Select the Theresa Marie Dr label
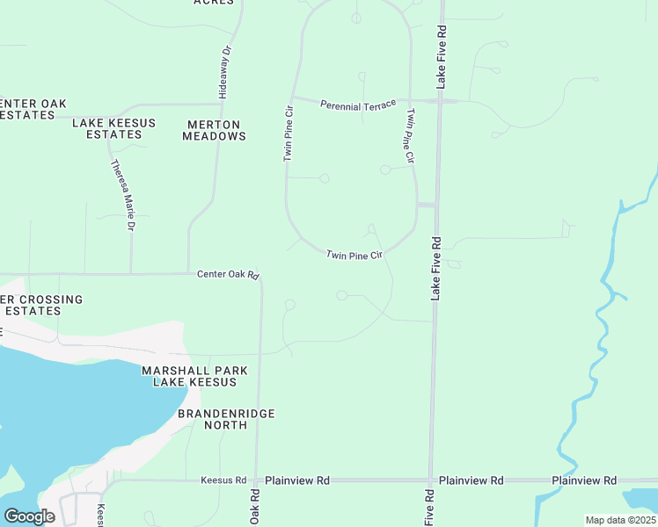point(122,195)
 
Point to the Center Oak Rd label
point(228,275)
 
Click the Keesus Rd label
point(223,480)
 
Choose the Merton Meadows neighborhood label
point(214,130)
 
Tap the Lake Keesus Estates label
point(107,128)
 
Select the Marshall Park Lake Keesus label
point(189,376)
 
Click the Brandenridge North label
point(226,419)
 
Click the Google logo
point(29,516)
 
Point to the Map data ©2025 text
point(619,520)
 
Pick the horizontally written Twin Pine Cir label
point(355,256)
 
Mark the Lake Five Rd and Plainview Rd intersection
point(431,480)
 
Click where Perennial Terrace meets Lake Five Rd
point(439,102)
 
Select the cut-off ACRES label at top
point(214,3)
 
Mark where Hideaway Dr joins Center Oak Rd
point(188,273)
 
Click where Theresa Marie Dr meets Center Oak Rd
point(131,273)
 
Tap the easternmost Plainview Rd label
point(584,480)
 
